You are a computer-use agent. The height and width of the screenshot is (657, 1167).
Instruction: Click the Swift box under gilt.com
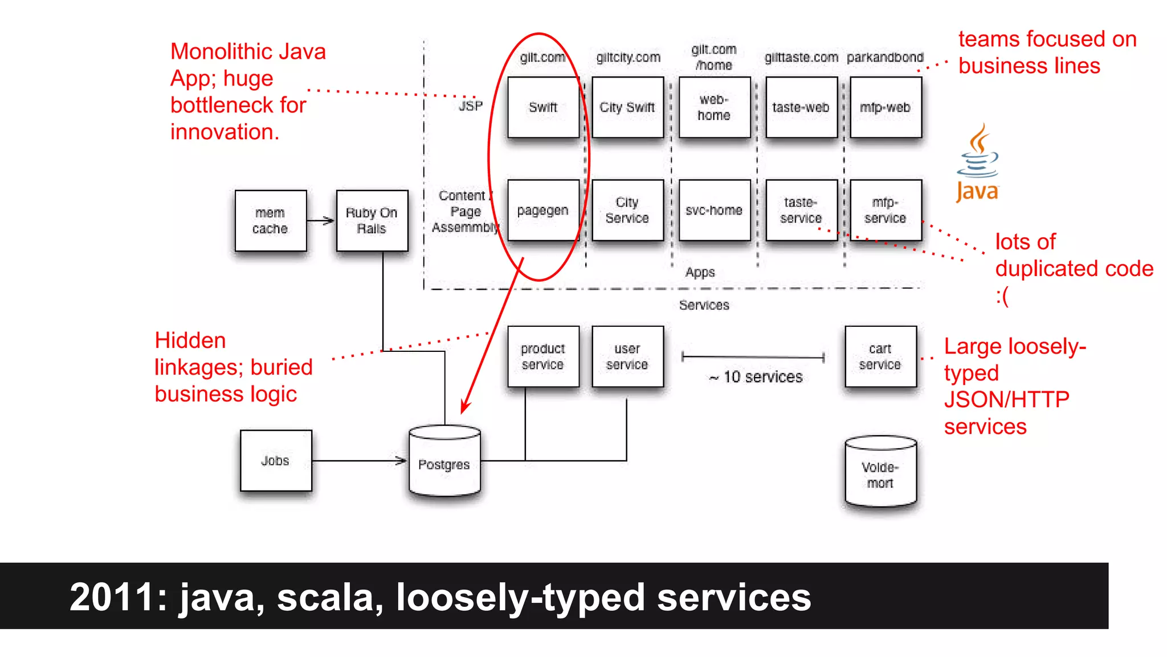tap(543, 107)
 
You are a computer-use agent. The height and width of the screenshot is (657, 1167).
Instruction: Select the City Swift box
tap(627, 107)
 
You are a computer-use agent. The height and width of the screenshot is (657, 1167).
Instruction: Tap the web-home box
tap(714, 107)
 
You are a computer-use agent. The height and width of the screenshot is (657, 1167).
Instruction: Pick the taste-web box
tap(801, 107)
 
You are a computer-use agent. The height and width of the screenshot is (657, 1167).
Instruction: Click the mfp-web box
tap(885, 107)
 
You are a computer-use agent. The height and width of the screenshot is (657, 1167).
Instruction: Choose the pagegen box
tap(543, 210)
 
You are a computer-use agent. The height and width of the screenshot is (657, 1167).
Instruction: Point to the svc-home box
tap(714, 210)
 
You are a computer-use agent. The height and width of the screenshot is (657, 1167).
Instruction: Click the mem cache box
tap(271, 221)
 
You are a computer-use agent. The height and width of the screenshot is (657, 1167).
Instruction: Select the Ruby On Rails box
tap(372, 221)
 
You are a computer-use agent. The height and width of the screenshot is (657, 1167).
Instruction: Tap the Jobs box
tap(276, 460)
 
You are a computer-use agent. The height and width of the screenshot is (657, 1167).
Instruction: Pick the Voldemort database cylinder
tap(880, 473)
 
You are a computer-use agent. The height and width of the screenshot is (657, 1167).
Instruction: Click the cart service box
tap(880, 356)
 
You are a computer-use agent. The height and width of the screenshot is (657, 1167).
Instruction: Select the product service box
tap(543, 356)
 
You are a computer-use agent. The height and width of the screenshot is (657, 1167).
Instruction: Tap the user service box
tap(627, 356)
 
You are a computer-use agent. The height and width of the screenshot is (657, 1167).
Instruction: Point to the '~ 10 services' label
tap(756, 377)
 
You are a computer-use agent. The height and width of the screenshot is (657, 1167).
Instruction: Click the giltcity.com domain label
tap(628, 58)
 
